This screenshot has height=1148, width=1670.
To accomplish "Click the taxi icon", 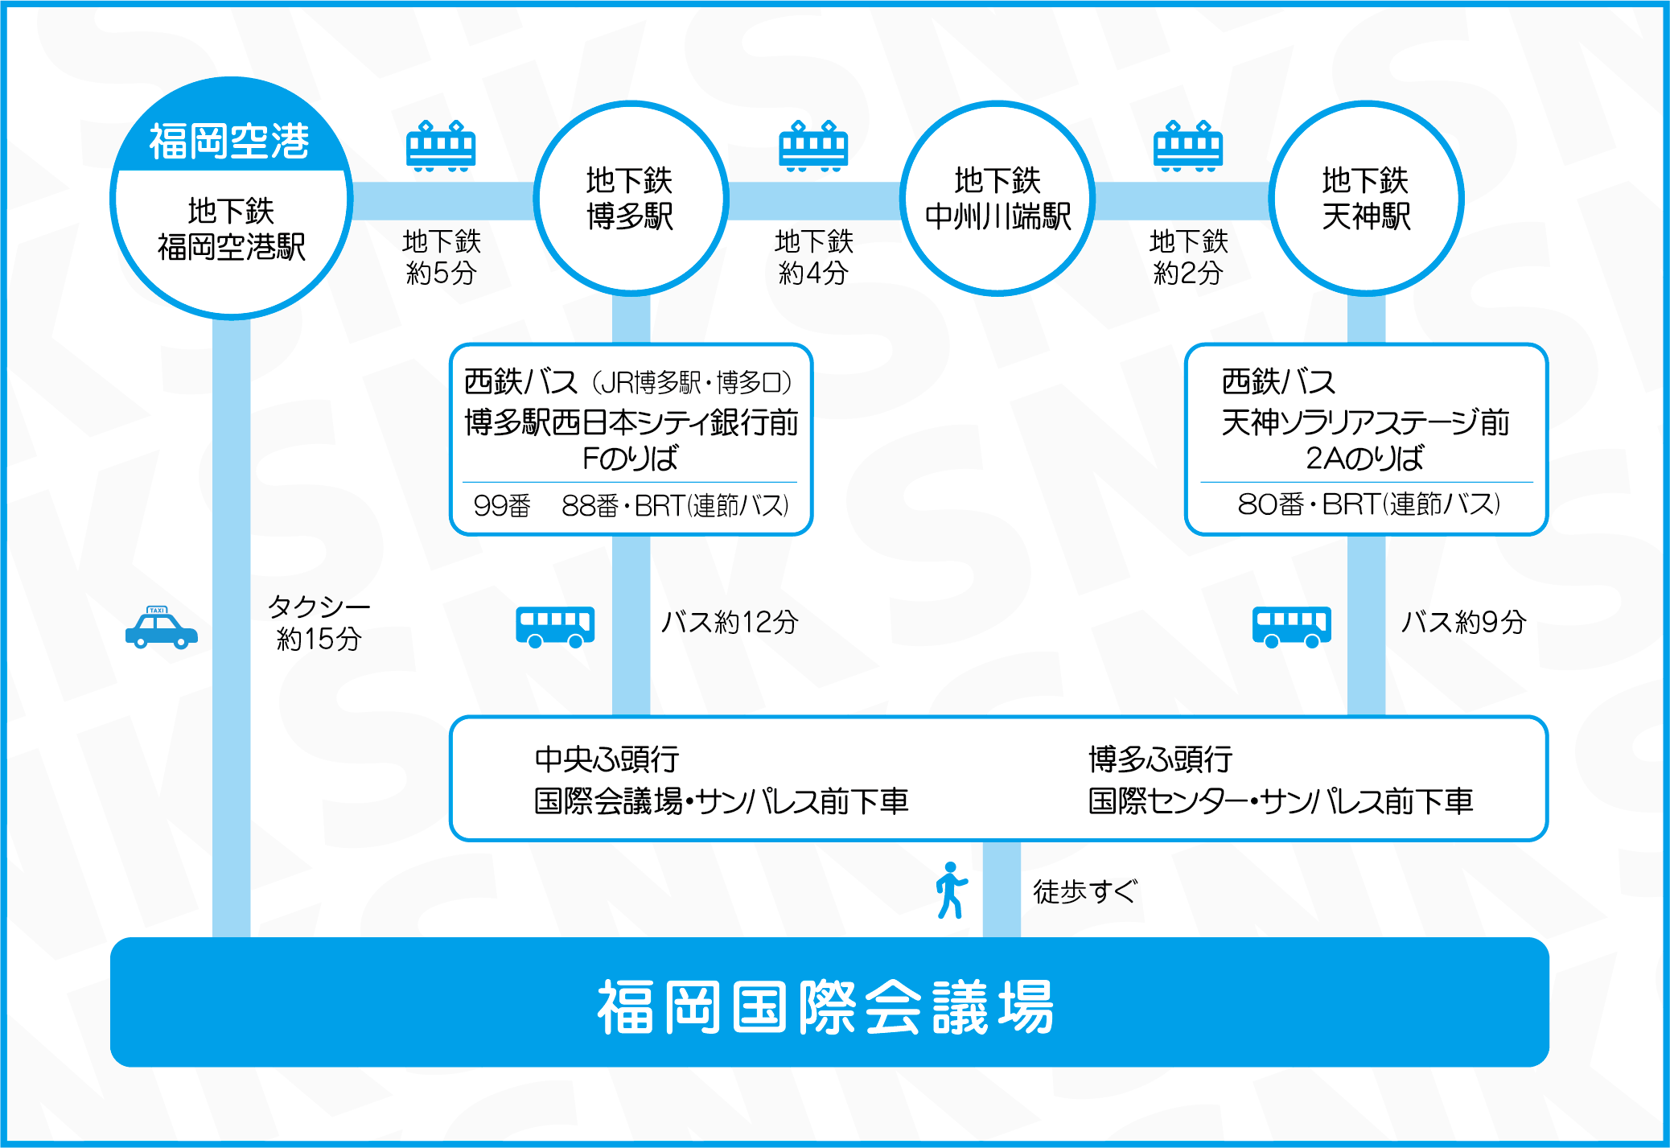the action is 162,627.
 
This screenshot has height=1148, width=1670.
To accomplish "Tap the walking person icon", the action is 951,890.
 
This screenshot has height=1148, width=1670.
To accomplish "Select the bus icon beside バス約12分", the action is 555,627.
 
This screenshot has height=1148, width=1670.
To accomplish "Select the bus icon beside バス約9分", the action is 1291,627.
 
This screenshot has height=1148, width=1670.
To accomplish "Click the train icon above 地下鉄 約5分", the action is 441,146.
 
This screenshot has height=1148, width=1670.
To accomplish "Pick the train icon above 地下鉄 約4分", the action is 813,146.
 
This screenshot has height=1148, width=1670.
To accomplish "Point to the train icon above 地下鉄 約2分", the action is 1188,146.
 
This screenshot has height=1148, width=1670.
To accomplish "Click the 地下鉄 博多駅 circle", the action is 631,105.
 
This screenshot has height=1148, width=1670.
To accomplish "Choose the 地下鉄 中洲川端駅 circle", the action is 997,105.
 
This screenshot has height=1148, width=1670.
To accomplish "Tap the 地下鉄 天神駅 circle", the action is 1366,105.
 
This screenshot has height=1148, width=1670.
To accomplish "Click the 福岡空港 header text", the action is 229,142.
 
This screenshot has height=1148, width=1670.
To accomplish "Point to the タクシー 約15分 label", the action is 319,622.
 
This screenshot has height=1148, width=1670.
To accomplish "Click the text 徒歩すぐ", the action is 1085,891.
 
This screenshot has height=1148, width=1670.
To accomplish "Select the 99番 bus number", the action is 502,505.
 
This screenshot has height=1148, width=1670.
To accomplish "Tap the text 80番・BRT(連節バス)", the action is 1368,504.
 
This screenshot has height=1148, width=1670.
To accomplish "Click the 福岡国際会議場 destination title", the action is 825,1006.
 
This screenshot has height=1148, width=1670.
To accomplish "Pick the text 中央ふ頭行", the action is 607,759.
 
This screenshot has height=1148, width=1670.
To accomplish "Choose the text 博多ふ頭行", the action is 1161,759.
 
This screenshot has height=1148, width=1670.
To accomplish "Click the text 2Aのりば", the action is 1364,458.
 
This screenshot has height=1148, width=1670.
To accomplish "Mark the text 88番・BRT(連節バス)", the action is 675,505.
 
